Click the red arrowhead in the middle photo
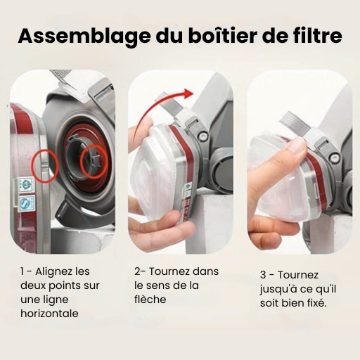click(x=188, y=93)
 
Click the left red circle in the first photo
click(x=45, y=167)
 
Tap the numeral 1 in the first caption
click(x=22, y=271)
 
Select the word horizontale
click(x=49, y=314)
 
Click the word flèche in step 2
click(x=150, y=300)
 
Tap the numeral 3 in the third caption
click(x=263, y=275)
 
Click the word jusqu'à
click(x=277, y=290)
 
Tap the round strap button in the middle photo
click(x=203, y=136)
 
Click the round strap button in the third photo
click(x=334, y=157)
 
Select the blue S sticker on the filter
click(x=25, y=202)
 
